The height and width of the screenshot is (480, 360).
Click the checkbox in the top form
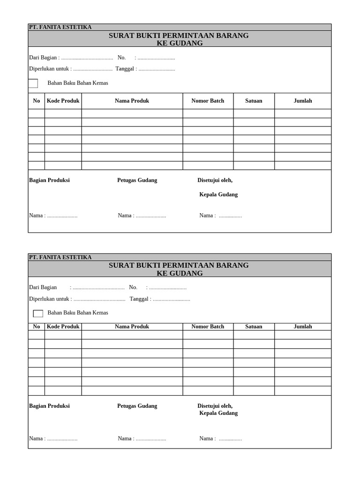point(33,83)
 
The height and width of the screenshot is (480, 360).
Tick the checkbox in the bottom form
point(38,313)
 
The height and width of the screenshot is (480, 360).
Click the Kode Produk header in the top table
point(63,101)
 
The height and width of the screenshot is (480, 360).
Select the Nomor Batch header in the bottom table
point(208,326)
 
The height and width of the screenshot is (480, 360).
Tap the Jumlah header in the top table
point(302,101)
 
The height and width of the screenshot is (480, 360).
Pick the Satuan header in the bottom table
point(254,326)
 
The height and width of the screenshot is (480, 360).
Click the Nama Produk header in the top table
point(132,101)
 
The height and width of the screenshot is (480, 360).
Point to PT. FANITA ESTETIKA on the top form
point(60,27)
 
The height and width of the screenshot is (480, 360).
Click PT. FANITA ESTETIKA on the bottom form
point(60,257)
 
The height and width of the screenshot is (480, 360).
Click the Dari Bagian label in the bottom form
point(43,287)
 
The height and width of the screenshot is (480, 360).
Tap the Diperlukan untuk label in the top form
point(49,69)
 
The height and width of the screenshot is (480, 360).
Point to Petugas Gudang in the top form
point(137,180)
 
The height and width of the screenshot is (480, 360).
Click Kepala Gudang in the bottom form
point(218,413)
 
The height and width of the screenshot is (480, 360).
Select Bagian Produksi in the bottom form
point(49,406)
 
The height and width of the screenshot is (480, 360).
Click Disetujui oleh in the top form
point(215,180)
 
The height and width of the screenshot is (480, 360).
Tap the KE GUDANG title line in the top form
point(180,43)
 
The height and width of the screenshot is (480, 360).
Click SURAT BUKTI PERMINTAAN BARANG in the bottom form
point(179,265)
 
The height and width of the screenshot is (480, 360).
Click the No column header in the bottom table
point(37,326)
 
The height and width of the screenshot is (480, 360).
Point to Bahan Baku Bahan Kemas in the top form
point(78,83)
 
